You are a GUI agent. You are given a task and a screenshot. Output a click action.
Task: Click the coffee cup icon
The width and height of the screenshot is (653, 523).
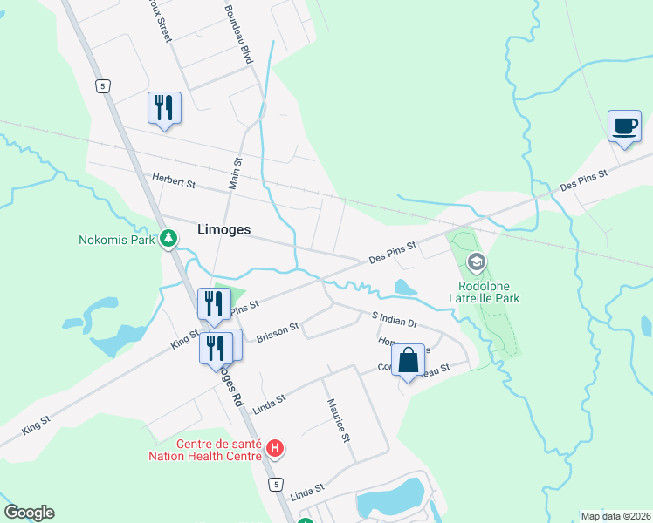624,126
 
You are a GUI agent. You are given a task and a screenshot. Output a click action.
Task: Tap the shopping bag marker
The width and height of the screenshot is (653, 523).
408,360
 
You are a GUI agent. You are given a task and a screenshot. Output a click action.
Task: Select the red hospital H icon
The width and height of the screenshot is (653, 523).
275,449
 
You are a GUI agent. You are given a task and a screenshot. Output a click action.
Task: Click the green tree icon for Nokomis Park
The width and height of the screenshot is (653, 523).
168,238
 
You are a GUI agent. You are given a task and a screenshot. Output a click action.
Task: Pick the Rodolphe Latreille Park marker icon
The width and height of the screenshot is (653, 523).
476,261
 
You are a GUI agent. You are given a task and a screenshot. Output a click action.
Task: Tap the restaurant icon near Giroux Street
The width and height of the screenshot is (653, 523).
164,107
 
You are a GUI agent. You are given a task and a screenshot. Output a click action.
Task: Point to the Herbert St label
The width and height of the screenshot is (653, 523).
174,182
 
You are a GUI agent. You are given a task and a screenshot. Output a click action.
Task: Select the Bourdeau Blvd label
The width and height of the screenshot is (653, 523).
238,34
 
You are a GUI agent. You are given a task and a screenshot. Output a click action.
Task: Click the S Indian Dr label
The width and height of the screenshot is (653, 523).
395,320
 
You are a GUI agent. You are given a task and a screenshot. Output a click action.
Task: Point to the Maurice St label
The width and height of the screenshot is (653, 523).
338,420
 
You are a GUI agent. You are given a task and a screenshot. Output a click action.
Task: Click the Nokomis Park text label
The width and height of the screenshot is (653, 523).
116,240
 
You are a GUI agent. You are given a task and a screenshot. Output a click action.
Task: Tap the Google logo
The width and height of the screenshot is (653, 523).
29,513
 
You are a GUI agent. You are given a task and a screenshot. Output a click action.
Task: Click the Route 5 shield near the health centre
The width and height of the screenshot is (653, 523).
276,484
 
